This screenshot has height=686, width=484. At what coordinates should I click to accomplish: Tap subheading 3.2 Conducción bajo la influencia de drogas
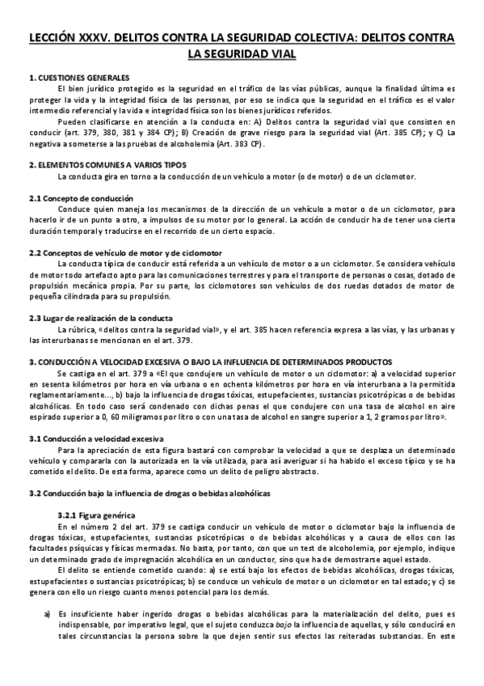(x=137, y=493)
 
